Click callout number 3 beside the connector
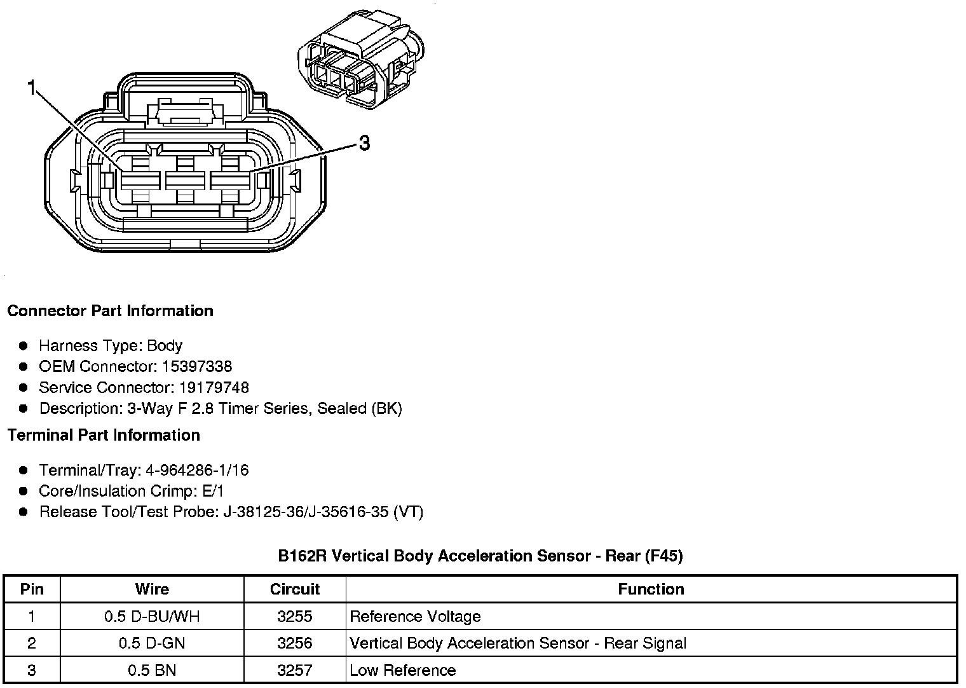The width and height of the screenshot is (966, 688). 364,144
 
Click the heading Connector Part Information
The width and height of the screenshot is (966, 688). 110,311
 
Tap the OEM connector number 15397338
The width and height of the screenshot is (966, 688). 197,367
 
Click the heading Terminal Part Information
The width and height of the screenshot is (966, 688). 104,436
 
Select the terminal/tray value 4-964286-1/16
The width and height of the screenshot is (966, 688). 197,471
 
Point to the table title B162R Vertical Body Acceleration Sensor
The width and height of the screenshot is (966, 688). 480,556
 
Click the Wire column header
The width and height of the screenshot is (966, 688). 152,589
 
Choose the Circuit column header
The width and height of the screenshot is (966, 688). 295,589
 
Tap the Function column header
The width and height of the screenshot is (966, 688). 651,589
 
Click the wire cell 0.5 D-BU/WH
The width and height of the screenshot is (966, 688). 152,617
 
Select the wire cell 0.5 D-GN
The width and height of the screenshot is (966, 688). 152,643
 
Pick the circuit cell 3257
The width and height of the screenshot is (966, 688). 295,670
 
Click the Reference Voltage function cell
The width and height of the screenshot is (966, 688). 415,617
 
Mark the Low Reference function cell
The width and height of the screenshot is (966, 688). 402,670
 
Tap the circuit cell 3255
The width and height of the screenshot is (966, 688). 295,617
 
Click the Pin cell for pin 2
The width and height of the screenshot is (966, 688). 32,643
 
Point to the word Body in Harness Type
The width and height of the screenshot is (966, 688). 165,346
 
